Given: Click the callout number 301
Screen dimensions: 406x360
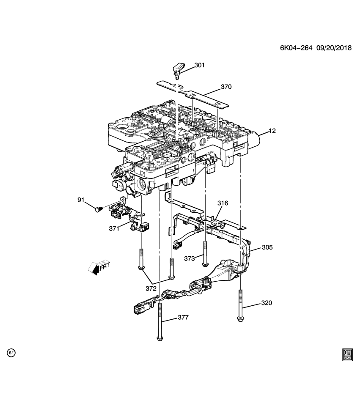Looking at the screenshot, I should pyautogui.click(x=199, y=65).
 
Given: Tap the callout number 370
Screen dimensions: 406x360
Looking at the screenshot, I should pyautogui.click(x=226, y=88).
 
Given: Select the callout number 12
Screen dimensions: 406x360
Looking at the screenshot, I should pyautogui.click(x=272, y=131).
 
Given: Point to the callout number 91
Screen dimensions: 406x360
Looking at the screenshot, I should pyautogui.click(x=81, y=199).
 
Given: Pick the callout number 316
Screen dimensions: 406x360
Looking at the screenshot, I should pyautogui.click(x=223, y=203).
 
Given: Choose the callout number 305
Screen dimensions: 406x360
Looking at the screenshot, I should pyautogui.click(x=267, y=247).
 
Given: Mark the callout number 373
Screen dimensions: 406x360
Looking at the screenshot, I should pyautogui.click(x=190, y=258).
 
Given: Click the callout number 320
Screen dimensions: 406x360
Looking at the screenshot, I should pyautogui.click(x=267, y=303).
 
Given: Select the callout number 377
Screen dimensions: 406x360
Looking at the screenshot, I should pyautogui.click(x=183, y=318).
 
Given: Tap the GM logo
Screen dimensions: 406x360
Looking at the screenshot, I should pyautogui.click(x=347, y=354).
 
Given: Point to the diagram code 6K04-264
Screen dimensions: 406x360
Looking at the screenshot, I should pyautogui.click(x=296, y=48).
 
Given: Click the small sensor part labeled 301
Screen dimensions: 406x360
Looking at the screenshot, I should pyautogui.click(x=178, y=69).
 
